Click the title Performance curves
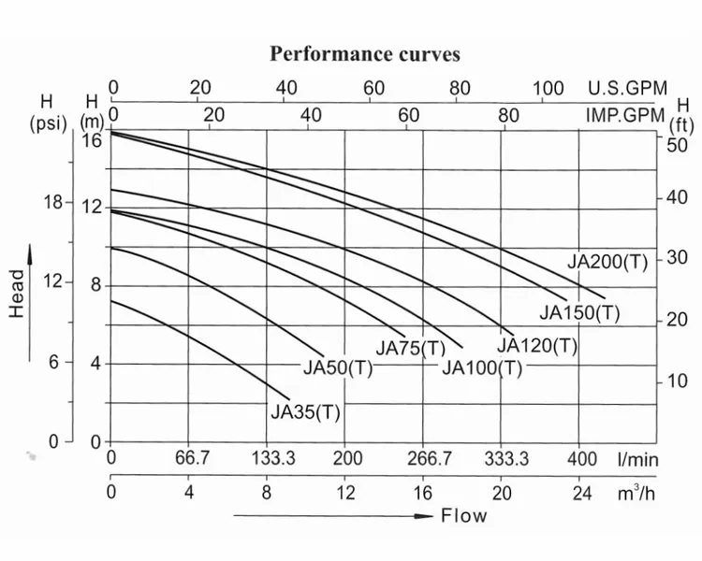pyautogui.click(x=365, y=53)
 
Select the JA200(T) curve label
pyautogui.click(x=607, y=262)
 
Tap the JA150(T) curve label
pyautogui.click(x=579, y=313)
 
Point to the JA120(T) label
pyautogui.click(x=537, y=346)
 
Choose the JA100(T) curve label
pyautogui.click(x=481, y=367)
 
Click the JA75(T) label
pyautogui.click(x=411, y=349)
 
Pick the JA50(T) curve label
pyautogui.click(x=338, y=367)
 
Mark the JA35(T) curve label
pyautogui.click(x=305, y=412)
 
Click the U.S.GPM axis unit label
pyautogui.click(x=627, y=89)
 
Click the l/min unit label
pyautogui.click(x=637, y=459)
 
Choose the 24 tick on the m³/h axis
pyautogui.click(x=581, y=493)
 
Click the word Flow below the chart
pyautogui.click(x=464, y=516)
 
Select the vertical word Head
pyautogui.click(x=18, y=294)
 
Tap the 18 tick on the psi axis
pyautogui.click(x=58, y=203)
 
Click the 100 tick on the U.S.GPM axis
pyautogui.click(x=548, y=89)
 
